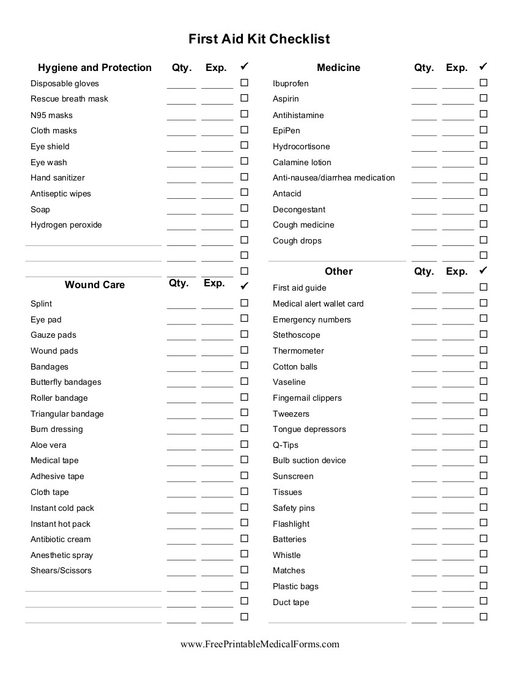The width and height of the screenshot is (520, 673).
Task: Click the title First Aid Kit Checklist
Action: coord(259,39)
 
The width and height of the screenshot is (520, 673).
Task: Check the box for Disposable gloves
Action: coord(244,83)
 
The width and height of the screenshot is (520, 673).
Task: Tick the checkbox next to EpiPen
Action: coord(483,130)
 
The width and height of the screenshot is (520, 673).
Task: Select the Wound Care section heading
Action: coord(95,284)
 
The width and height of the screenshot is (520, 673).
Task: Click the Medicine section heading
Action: coord(338,67)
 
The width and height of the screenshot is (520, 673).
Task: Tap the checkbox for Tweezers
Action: coord(483,413)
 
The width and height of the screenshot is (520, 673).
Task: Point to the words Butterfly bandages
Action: coord(66,382)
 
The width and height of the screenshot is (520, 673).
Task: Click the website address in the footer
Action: coord(259,644)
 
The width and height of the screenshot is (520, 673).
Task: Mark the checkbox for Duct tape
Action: coord(483,601)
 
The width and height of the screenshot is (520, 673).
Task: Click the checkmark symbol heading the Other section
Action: coord(483,270)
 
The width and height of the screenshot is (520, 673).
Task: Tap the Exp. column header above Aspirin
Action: coord(456,67)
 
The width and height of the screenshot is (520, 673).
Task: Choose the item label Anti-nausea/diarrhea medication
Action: coord(333,177)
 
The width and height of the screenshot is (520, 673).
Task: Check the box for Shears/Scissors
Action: coord(244,570)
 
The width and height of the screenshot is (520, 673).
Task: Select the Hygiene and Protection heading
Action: coord(95,67)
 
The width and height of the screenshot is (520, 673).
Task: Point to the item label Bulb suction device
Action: coord(309,460)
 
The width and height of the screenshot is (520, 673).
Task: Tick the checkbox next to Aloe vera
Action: coord(244,444)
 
